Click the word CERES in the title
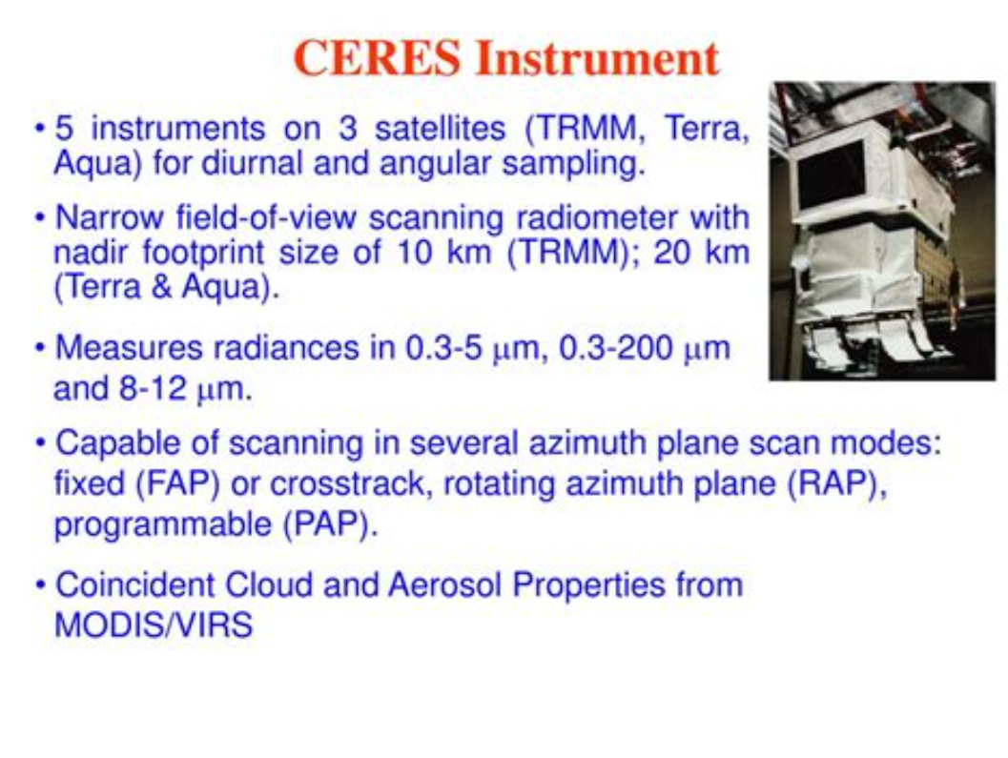(x=378, y=58)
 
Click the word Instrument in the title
(x=597, y=58)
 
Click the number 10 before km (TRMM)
(x=414, y=252)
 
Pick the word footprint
(x=203, y=253)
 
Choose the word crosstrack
(x=348, y=484)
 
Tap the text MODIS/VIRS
(x=154, y=625)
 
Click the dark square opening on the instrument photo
(x=830, y=174)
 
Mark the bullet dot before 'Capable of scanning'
(x=41, y=444)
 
